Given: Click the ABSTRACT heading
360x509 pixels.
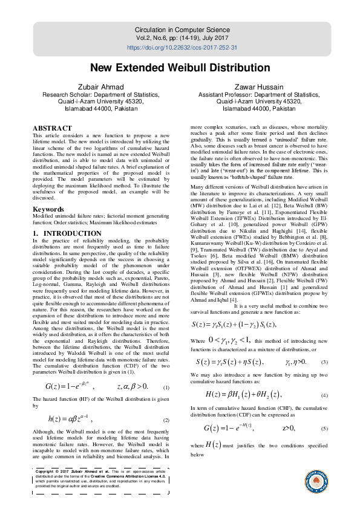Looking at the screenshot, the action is click(52, 129).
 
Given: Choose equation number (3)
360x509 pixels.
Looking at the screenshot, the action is click(324, 362).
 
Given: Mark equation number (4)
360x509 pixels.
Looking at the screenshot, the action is click(324, 395).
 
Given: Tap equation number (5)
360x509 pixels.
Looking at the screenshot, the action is click(324, 429).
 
